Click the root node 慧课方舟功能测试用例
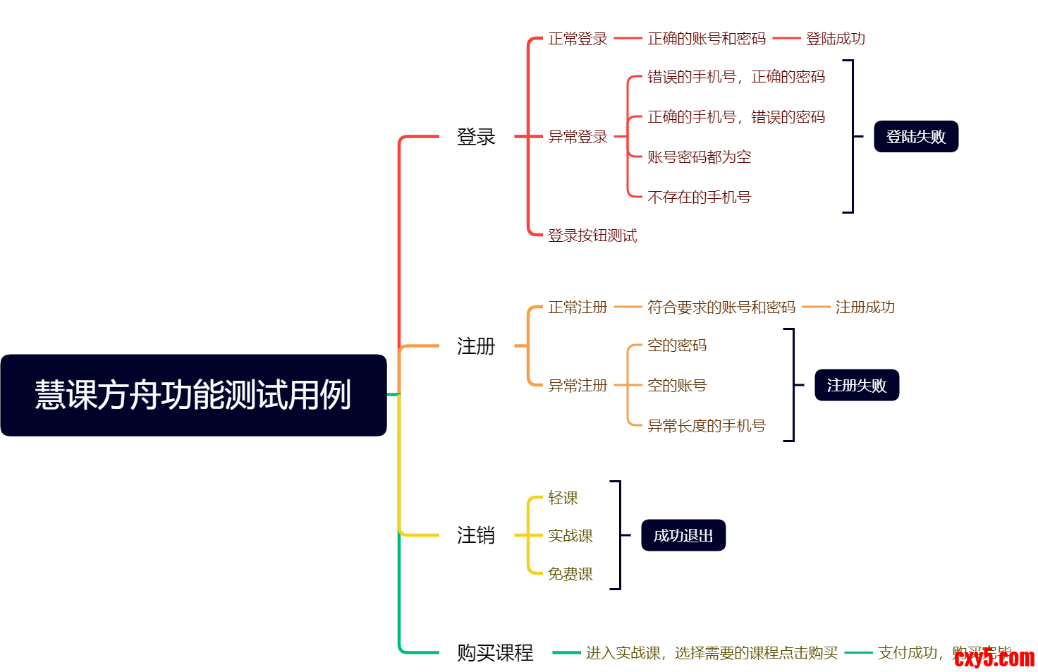(193, 395)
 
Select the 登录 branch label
(476, 137)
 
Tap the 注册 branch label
(476, 346)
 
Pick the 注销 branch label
(476, 535)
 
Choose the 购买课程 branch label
(495, 652)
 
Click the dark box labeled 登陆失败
(915, 137)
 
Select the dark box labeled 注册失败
(856, 385)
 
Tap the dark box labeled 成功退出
(683, 535)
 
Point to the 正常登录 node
(578, 39)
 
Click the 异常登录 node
(578, 137)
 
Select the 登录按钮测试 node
(592, 236)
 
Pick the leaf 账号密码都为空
(699, 157)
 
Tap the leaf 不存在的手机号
(699, 197)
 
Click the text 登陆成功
(835, 39)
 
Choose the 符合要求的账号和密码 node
(721, 307)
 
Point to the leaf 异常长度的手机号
(706, 426)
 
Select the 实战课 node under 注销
(570, 536)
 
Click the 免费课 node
(570, 574)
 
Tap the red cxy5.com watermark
(994, 658)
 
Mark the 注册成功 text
(865, 307)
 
